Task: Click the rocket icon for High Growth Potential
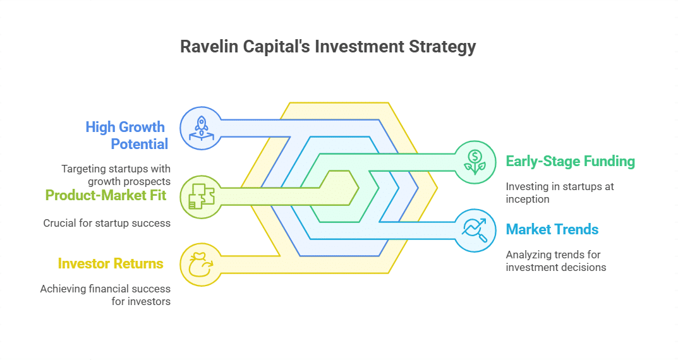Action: (201, 128)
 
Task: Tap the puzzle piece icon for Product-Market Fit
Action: (201, 195)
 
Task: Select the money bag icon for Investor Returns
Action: (201, 263)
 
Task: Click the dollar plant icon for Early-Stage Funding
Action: (475, 161)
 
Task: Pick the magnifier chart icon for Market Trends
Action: (475, 229)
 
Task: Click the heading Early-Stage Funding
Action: (570, 161)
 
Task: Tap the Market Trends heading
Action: (552, 229)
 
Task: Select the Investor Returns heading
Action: (111, 263)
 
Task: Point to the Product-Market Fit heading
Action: (106, 195)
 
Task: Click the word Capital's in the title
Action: (268, 47)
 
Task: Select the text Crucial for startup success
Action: (107, 223)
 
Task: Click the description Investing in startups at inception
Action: (559, 193)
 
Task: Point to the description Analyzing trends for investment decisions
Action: (556, 261)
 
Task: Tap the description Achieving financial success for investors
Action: (106, 295)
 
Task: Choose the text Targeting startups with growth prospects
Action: (116, 175)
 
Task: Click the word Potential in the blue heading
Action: (140, 144)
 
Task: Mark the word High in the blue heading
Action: (101, 127)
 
